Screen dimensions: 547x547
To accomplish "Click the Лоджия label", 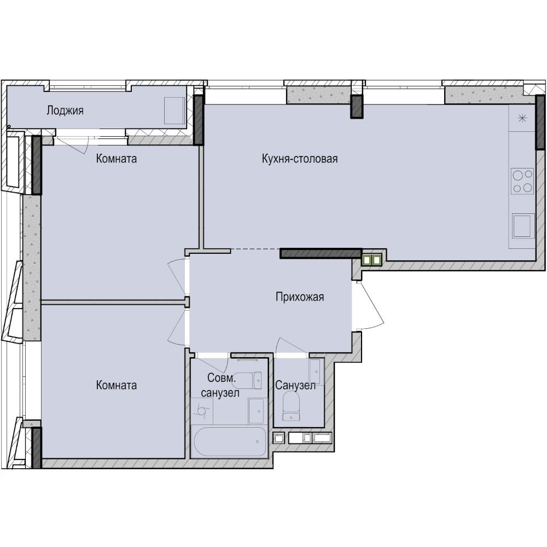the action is pos(65,111).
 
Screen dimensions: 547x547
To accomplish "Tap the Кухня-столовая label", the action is pos(300,159).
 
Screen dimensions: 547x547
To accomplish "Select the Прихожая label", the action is pos(300,297).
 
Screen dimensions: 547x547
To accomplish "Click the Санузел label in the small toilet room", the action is pos(295,385).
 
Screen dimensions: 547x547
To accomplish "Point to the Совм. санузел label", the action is pos(220,385).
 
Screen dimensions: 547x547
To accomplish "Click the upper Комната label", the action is pos(116,159).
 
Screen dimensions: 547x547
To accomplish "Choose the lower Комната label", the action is pos(116,385).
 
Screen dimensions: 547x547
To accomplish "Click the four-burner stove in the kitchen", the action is pos(522,181).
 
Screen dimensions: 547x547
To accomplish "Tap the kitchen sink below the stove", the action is pos(523,226).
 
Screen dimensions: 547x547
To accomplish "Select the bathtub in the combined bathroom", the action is pos(230,441).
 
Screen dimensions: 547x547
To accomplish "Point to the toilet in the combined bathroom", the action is pos(247,380).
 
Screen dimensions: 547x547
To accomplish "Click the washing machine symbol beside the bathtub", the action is pos(202,411).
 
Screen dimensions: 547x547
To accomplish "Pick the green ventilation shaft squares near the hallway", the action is pos(372,260).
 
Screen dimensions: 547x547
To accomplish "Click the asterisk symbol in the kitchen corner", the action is pos(522,119).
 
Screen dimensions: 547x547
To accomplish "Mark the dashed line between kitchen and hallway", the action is pos(255,249).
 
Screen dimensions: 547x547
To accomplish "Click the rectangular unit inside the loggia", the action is pos(174,110).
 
